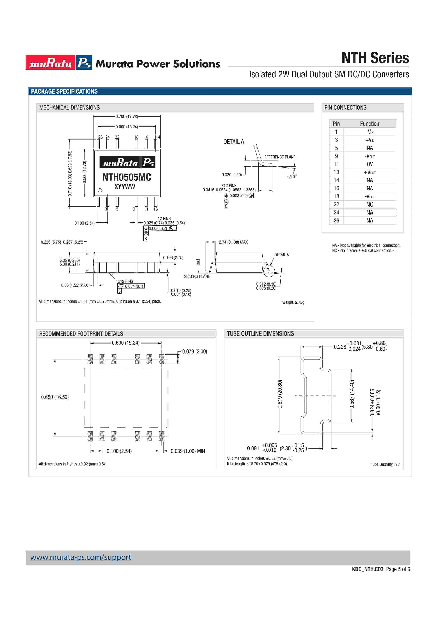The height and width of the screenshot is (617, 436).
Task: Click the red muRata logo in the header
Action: pyautogui.click(x=50, y=63)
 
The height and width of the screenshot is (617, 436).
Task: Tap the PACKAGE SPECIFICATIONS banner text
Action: pyautogui.click(x=65, y=91)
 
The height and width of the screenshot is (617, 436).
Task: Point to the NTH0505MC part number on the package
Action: pyautogui.click(x=127, y=177)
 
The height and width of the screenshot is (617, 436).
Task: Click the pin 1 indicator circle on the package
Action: pyautogui.click(x=100, y=190)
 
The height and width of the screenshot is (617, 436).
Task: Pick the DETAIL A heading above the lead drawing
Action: pyautogui.click(x=233, y=142)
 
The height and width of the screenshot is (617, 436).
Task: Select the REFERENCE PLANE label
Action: pyautogui.click(x=280, y=157)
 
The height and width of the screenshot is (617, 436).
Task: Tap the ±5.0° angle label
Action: pyautogui.click(x=291, y=177)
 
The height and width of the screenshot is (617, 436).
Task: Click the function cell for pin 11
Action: pyautogui.click(x=370, y=164)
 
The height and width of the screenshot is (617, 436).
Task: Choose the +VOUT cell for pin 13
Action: pyautogui.click(x=370, y=172)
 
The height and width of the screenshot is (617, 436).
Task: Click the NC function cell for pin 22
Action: pyautogui.click(x=370, y=205)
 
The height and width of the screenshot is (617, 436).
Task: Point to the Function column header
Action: pyautogui.click(x=370, y=124)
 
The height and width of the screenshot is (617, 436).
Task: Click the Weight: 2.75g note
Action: pyautogui.click(x=293, y=302)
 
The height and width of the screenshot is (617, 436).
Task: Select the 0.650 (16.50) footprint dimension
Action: pyautogui.click(x=55, y=397)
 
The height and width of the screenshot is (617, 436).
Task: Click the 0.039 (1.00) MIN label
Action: pyautogui.click(x=188, y=451)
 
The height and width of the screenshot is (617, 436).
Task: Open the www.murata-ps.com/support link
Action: pyautogui.click(x=81, y=557)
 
